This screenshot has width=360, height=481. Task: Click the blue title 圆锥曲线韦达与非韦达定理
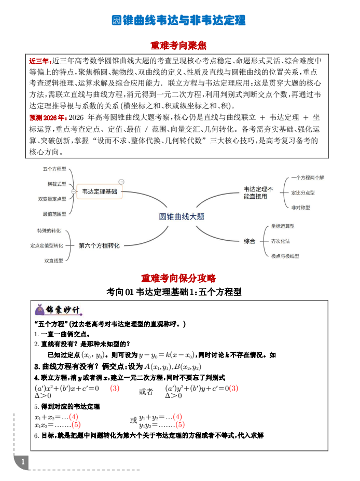(x=179, y=20)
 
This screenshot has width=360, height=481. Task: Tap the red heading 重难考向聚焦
(x=178, y=46)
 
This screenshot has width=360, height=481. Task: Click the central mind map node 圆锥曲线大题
(x=182, y=217)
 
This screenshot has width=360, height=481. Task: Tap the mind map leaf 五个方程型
(x=54, y=169)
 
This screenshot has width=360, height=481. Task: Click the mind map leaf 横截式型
(x=57, y=184)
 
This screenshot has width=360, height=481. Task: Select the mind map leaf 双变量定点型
(x=52, y=199)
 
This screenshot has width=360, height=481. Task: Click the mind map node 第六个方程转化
(x=99, y=245)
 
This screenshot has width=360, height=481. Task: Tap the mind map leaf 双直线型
(x=53, y=260)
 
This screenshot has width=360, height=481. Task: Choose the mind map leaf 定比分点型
(x=302, y=193)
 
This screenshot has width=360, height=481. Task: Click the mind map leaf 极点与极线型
(x=285, y=256)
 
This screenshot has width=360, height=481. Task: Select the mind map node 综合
(x=250, y=241)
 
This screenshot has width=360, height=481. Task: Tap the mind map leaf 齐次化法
(x=280, y=241)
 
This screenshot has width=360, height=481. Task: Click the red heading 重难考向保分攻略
(x=178, y=278)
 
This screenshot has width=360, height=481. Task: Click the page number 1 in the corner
(x=22, y=462)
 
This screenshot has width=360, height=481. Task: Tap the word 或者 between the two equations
(x=146, y=392)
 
